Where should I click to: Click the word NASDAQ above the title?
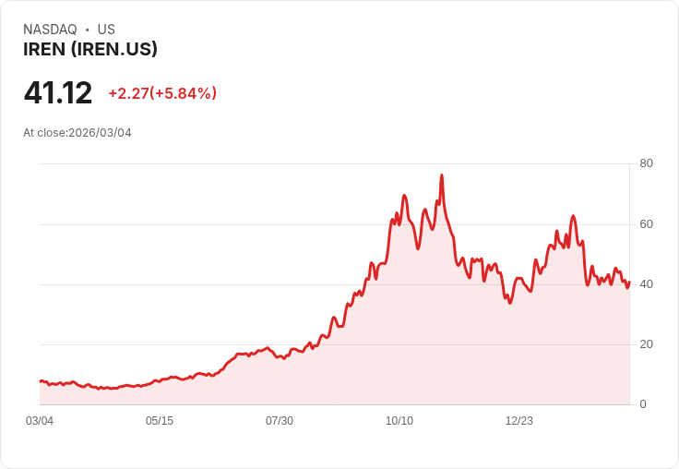50,30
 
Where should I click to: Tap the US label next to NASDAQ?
106,30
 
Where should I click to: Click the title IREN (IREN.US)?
90,50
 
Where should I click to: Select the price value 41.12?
58,92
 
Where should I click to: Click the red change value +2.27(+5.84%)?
162,93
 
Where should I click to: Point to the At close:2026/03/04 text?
77,133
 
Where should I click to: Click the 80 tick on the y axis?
646,163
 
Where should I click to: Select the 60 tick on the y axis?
646,224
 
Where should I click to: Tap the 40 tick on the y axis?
646,284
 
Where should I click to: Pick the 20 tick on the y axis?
646,344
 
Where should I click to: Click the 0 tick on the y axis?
643,404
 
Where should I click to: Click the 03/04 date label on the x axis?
40,421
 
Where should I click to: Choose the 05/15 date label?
160,421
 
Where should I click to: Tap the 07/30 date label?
280,421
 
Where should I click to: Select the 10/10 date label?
399,421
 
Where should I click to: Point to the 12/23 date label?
519,421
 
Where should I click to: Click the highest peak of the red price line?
442,175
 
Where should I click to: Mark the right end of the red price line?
629,283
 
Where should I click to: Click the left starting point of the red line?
41,381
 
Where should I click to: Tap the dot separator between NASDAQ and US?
88,30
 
